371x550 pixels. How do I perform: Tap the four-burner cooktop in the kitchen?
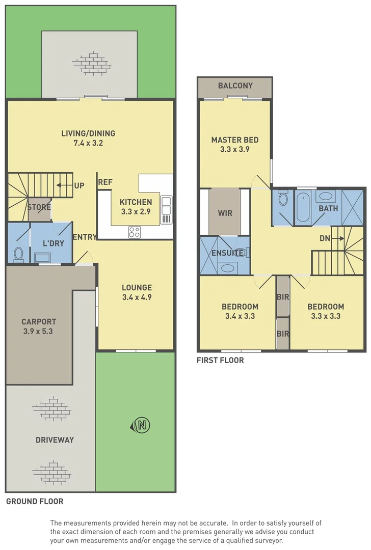pyautogui.click(x=134, y=232)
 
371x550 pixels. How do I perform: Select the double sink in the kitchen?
pyautogui.click(x=166, y=210)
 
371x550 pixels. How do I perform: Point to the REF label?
pyautogui.click(x=105, y=182)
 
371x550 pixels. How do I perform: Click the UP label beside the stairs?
pyautogui.click(x=79, y=185)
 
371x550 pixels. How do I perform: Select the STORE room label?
pyautogui.click(x=39, y=207)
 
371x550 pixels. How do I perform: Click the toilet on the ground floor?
pyautogui.click(x=19, y=253)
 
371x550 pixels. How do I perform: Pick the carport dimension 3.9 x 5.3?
pyautogui.click(x=39, y=331)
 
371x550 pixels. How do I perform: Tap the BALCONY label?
pyautogui.click(x=235, y=86)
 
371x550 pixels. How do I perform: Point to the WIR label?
pyautogui.click(x=225, y=213)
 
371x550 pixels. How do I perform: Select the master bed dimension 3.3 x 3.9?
pyautogui.click(x=235, y=149)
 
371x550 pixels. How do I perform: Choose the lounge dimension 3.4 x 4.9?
pyautogui.click(x=137, y=297)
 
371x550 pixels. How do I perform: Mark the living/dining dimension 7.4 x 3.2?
pyautogui.click(x=88, y=143)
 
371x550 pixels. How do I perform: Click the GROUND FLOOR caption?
pyautogui.click(x=35, y=502)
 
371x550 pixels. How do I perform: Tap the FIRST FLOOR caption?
pyautogui.click(x=220, y=361)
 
